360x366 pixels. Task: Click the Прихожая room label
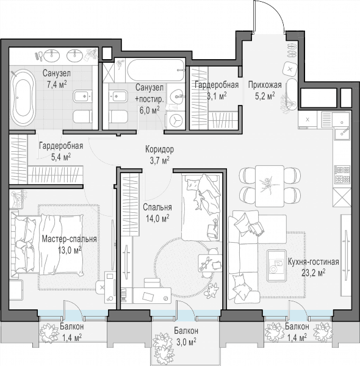(265, 85)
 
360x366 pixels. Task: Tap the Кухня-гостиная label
(313, 262)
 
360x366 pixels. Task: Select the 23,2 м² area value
(314, 273)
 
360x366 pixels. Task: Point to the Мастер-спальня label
(70, 239)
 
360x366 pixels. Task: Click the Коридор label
(159, 149)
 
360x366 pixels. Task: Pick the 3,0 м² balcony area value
(186, 342)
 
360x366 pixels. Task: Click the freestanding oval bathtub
(23, 98)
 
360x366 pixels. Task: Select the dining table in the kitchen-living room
(270, 186)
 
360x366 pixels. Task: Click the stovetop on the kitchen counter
(342, 174)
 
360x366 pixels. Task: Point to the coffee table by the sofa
(277, 265)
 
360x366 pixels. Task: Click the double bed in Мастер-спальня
(47, 245)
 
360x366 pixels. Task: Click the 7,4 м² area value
(57, 84)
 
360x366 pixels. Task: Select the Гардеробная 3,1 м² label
(217, 90)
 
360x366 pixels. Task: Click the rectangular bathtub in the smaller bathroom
(156, 70)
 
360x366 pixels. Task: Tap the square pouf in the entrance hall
(290, 69)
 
